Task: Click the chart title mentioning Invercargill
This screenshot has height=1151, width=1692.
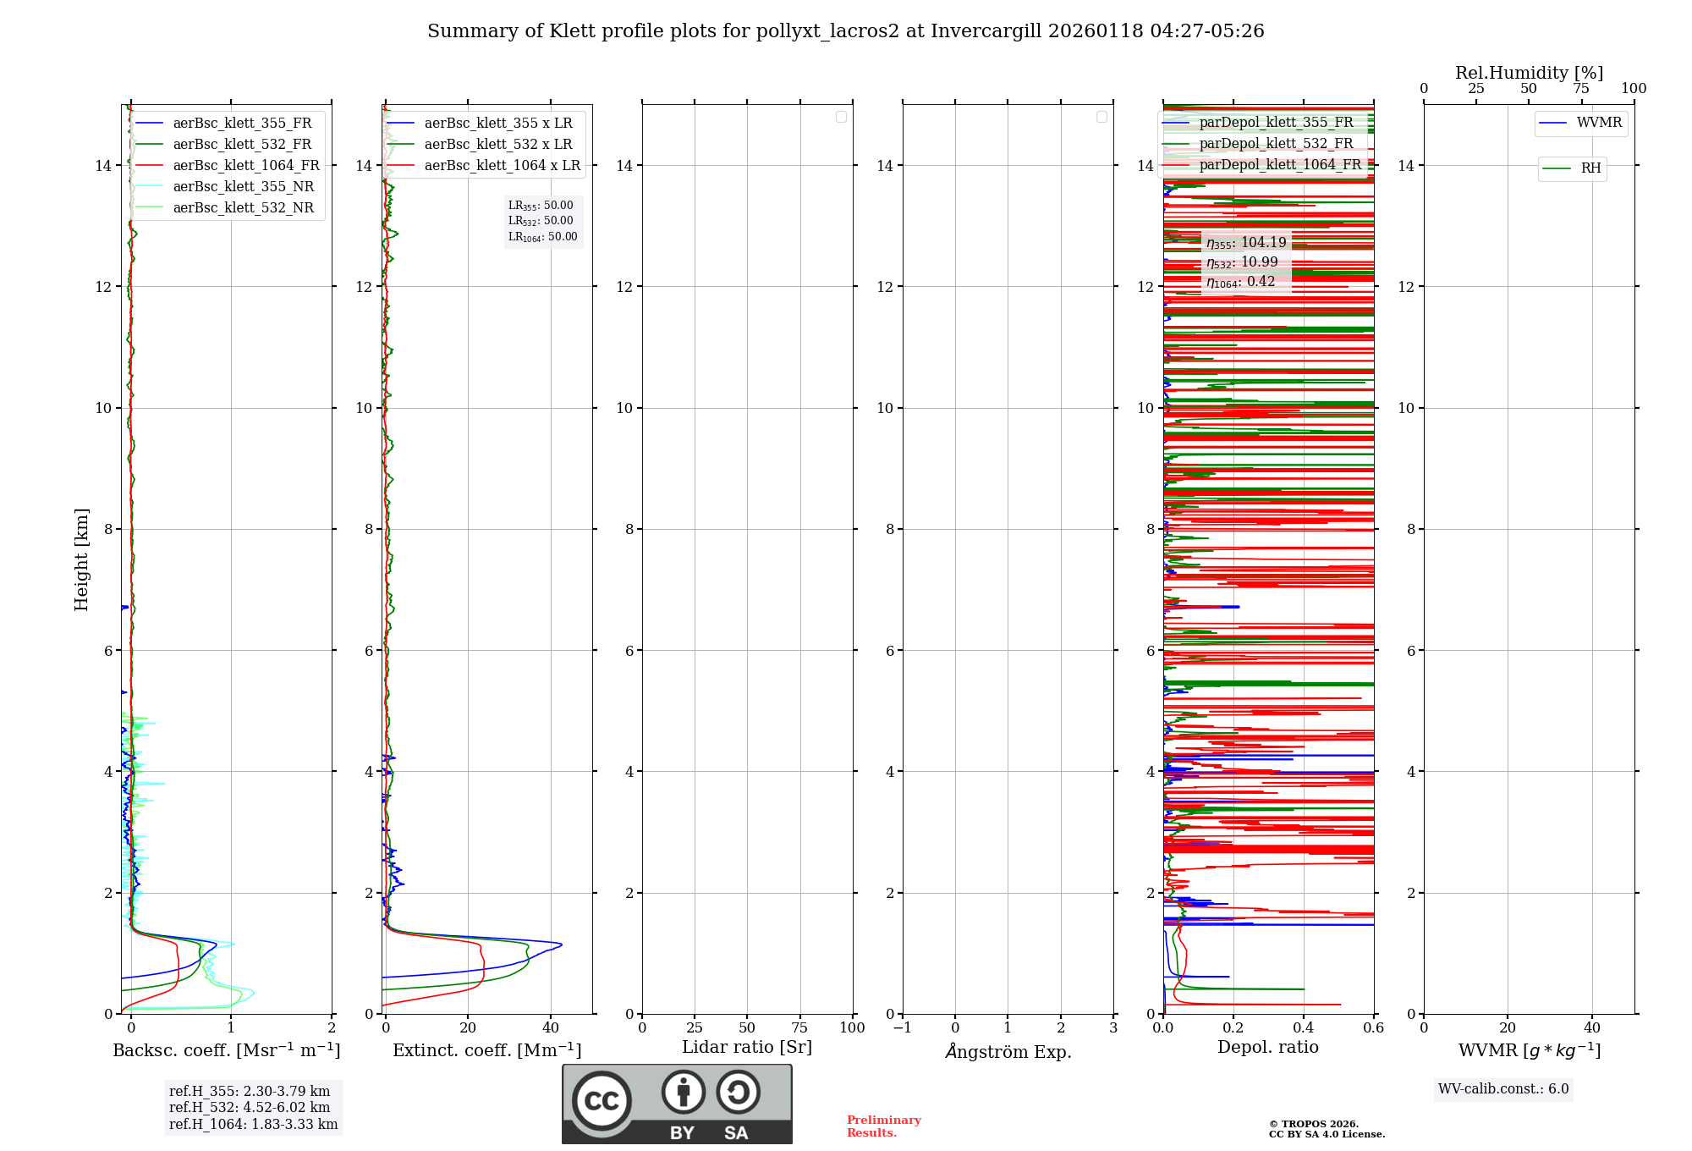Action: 845,31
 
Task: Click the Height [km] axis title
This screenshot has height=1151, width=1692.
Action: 81,559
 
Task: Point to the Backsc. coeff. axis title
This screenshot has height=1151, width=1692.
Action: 226,1050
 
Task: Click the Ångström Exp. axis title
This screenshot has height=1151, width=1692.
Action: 1008,1052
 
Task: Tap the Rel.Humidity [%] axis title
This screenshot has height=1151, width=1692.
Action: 1529,73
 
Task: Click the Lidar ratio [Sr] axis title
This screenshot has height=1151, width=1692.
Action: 747,1048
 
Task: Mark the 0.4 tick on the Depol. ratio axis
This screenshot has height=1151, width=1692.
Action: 1304,1028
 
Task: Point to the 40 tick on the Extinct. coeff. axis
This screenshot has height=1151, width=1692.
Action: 551,1028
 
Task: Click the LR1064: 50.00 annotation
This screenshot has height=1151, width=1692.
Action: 542,237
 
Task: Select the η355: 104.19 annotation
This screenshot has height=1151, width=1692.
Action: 1245,243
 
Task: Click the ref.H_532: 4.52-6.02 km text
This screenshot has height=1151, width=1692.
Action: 250,1108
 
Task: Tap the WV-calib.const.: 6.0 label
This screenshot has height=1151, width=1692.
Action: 1503,1089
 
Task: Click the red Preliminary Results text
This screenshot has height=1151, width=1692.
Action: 883,1126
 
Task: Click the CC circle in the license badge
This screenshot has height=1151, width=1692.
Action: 602,1101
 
